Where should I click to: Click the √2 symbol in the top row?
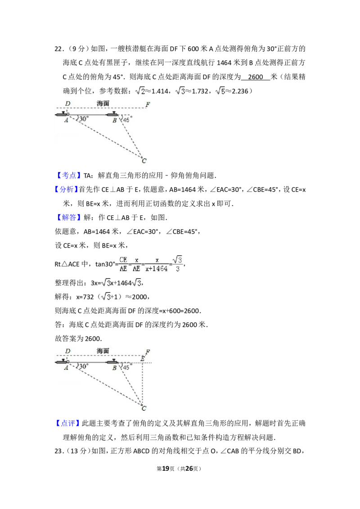point(140,91)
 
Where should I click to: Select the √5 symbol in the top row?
point(220,91)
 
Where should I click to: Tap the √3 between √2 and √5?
point(180,91)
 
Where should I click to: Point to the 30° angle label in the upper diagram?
point(84,120)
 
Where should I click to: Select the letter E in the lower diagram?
point(142,358)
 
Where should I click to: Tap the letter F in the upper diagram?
point(148,105)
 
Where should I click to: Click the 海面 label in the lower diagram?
point(103,351)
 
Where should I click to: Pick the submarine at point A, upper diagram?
point(62,115)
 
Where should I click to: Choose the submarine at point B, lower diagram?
point(112,362)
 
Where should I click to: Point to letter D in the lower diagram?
point(67,351)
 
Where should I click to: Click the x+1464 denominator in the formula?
point(157,268)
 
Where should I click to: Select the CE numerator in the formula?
point(123,260)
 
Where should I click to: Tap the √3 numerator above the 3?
point(178,259)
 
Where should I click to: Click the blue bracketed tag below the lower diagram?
point(67,423)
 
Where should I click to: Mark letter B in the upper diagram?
point(114,120)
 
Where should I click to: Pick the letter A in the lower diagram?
point(66,367)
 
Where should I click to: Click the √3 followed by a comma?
point(137,283)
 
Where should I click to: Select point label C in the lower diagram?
point(144,408)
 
